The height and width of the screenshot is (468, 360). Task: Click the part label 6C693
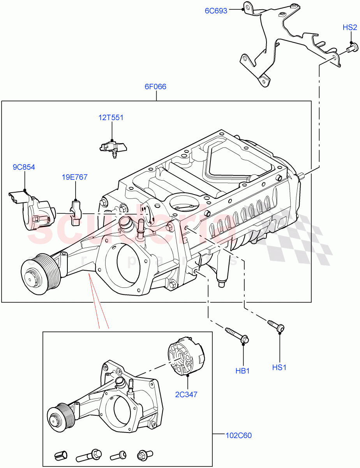coord(216,11)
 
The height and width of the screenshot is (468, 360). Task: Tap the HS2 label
coord(349,27)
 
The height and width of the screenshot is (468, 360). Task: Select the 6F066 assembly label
coord(155,87)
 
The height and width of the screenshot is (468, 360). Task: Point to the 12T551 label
coord(111,117)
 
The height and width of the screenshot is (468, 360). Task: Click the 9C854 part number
coord(24,167)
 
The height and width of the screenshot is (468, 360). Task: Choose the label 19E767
coord(74,177)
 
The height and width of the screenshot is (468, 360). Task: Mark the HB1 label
coord(242,370)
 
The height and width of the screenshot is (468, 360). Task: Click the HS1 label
coord(279,367)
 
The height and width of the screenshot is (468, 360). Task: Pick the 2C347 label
coord(186,394)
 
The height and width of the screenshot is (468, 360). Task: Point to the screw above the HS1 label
coord(276,326)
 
